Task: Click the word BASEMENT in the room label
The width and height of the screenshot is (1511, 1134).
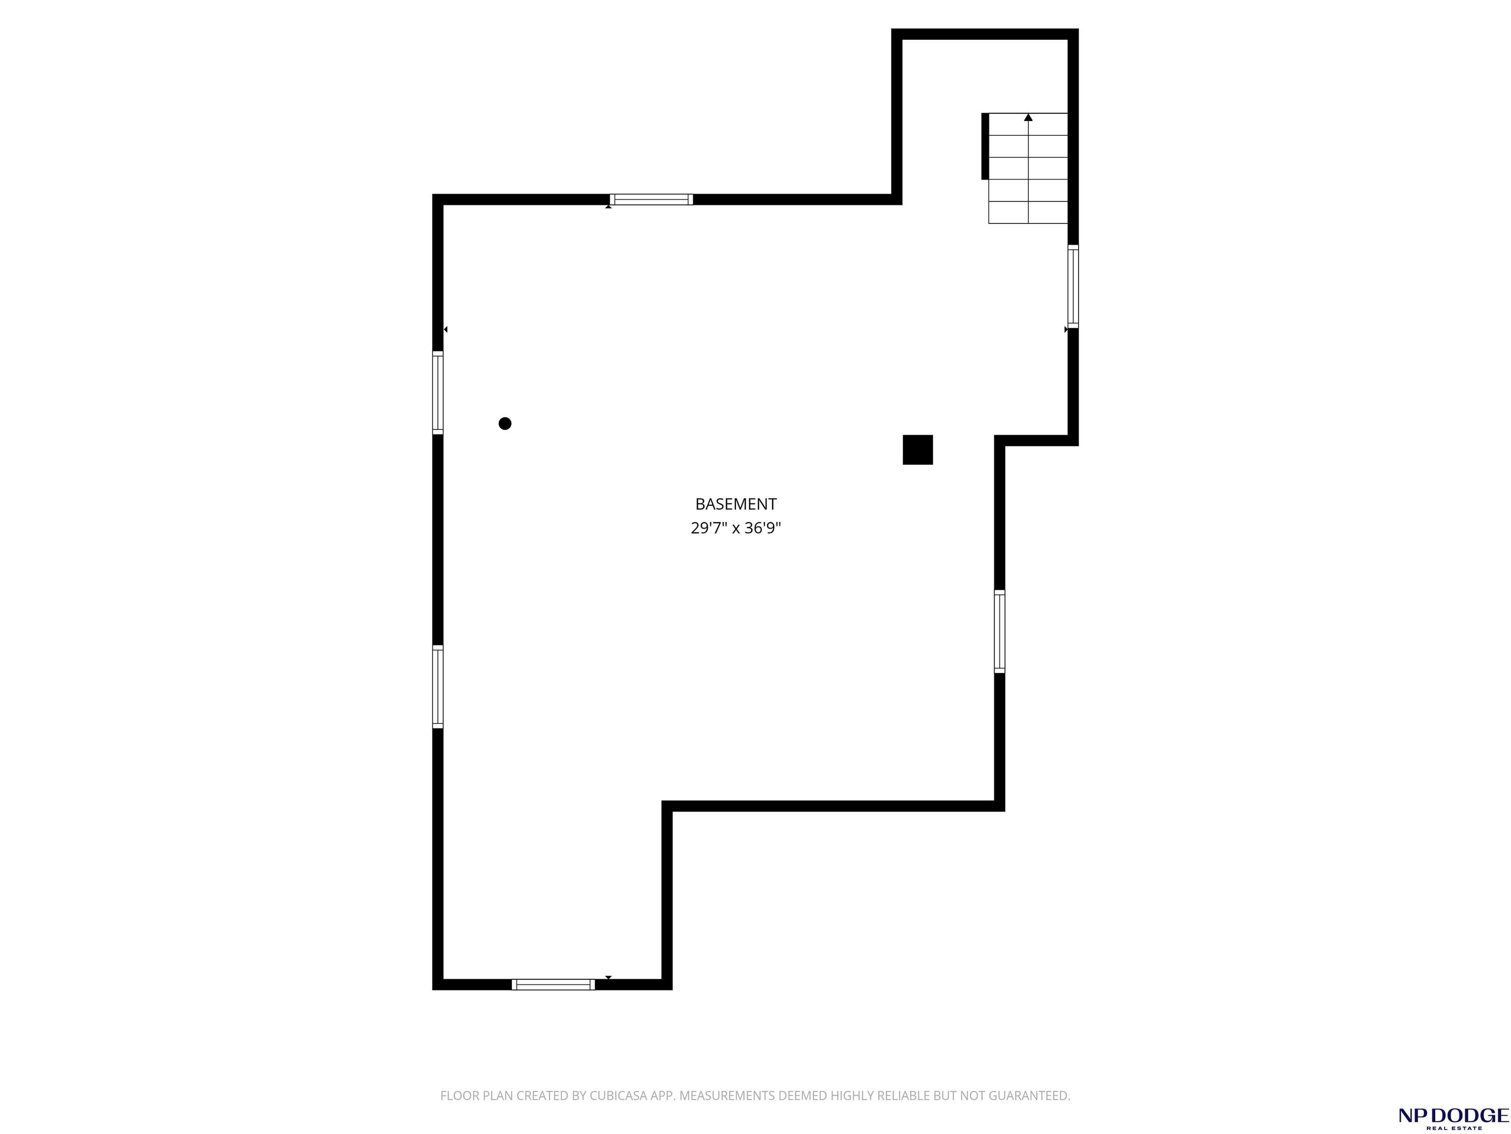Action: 736,504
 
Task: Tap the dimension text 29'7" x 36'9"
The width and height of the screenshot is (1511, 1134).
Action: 736,528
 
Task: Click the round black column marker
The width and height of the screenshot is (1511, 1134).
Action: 505,423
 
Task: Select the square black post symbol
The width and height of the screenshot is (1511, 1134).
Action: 917,450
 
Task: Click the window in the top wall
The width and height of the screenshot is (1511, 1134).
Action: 651,200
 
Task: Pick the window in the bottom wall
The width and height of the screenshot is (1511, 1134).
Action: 553,984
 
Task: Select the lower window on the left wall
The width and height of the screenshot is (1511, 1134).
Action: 438,686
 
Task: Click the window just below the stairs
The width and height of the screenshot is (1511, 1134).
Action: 1073,286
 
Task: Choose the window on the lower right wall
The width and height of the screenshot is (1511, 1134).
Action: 999,631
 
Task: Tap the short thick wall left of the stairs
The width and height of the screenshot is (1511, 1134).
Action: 985,146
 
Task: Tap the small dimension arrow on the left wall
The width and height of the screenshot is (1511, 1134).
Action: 445,329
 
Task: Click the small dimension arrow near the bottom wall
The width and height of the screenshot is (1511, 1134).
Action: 608,977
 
